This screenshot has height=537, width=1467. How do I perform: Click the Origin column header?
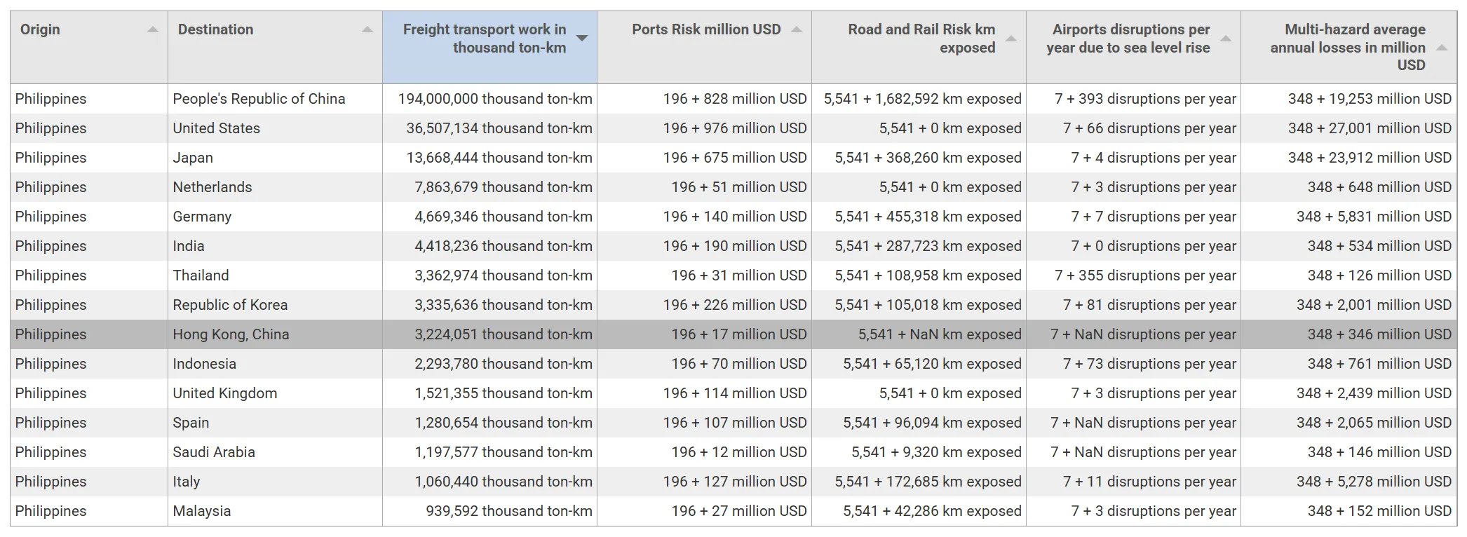click(x=41, y=29)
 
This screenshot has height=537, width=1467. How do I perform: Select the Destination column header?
click(x=215, y=29)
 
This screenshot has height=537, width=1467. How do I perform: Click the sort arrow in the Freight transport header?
click(x=582, y=38)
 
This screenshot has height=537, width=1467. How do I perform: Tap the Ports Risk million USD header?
click(x=705, y=29)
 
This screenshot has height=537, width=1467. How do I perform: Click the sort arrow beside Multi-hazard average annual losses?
click(x=1442, y=48)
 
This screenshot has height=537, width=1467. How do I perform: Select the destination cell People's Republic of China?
click(x=259, y=99)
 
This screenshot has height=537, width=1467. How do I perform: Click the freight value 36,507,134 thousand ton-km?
click(x=499, y=128)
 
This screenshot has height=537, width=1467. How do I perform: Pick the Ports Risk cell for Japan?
click(x=734, y=158)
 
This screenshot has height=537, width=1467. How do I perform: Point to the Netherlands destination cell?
click(x=212, y=187)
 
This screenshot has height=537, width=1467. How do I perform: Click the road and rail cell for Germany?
click(x=927, y=217)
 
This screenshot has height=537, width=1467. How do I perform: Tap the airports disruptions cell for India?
click(x=1153, y=246)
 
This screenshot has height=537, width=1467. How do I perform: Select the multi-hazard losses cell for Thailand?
click(x=1379, y=276)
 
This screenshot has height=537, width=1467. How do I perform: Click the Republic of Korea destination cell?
click(x=230, y=305)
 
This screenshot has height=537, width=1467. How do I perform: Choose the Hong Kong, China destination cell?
click(x=231, y=334)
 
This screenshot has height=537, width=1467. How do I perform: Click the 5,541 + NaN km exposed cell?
click(x=939, y=334)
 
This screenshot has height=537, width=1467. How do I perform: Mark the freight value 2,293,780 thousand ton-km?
click(x=503, y=364)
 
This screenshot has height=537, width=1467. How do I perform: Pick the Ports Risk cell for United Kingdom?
click(x=734, y=393)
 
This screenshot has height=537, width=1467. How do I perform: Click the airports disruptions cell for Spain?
click(x=1143, y=423)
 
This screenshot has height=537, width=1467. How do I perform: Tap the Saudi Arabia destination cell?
click(x=214, y=452)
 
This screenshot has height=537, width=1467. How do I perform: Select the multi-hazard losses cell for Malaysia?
click(x=1379, y=511)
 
